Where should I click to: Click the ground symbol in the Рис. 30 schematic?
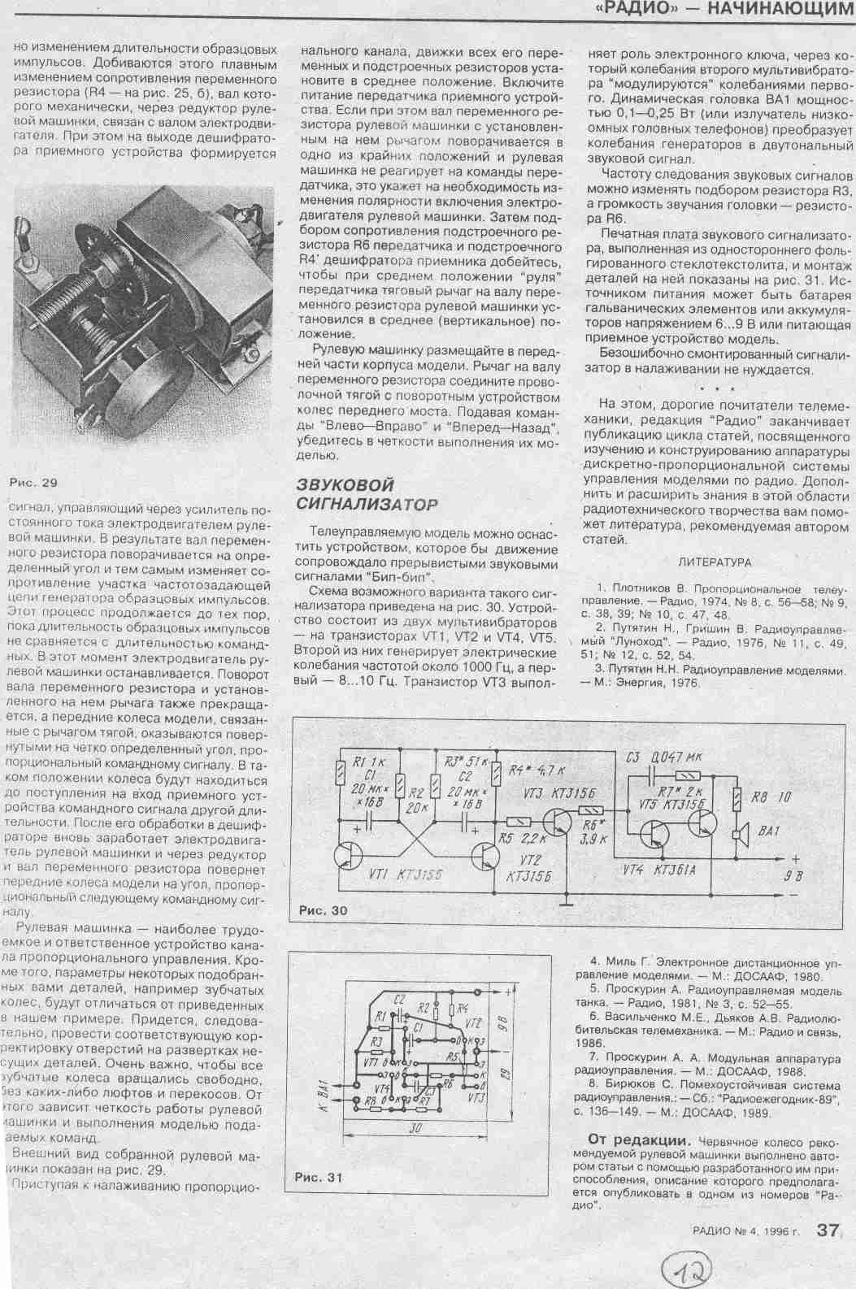click(x=568, y=900)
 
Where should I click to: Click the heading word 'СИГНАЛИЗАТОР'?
click(x=367, y=504)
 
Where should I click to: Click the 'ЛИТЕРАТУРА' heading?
click(x=715, y=562)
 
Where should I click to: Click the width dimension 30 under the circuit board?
click(x=415, y=1128)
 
